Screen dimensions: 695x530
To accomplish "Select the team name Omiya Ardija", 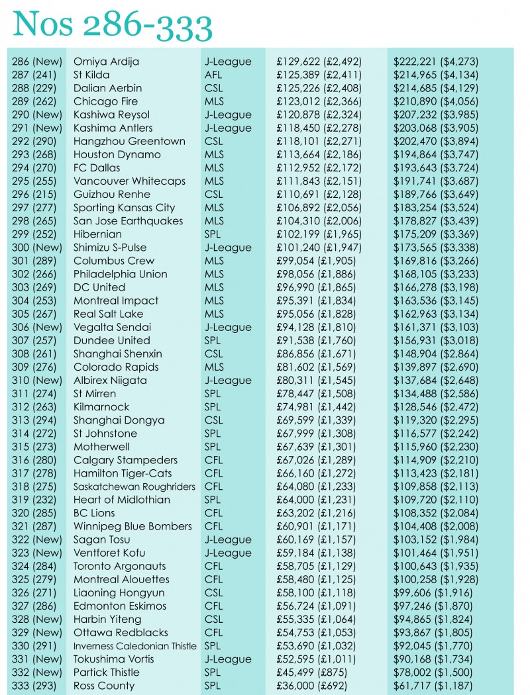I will click(x=106, y=62).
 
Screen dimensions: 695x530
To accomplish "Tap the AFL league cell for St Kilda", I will click(x=213, y=75).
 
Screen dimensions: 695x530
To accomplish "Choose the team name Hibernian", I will click(x=97, y=234).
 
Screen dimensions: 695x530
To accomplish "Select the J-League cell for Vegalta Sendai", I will click(x=228, y=327).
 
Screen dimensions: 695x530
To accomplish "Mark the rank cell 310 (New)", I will click(x=37, y=380).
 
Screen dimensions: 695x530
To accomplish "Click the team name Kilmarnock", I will click(x=101, y=407).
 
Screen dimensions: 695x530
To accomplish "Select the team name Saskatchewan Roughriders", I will click(x=134, y=486).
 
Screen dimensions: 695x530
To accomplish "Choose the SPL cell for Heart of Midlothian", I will click(x=213, y=500).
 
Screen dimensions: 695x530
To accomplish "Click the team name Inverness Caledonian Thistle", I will click(x=134, y=646).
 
